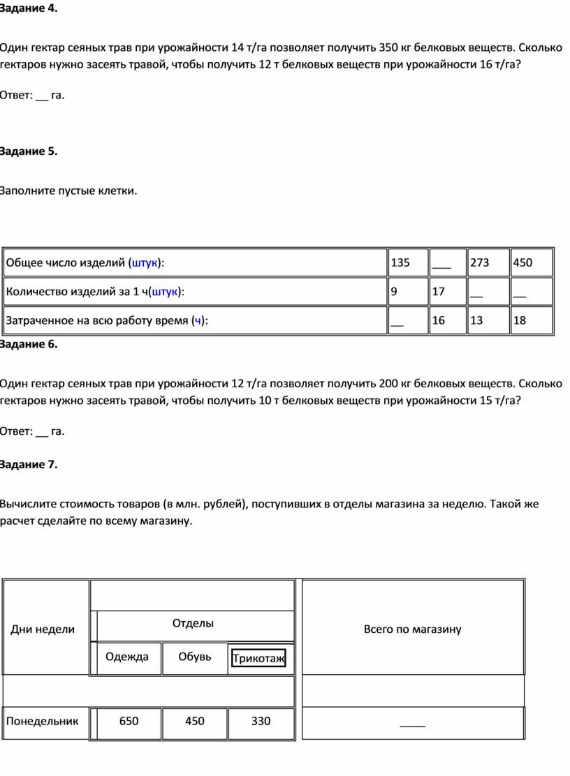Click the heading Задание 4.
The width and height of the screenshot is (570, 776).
coord(29,9)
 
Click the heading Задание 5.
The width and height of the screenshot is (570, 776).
coord(29,151)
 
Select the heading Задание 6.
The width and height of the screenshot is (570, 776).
coord(29,344)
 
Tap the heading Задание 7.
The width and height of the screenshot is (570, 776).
coord(29,465)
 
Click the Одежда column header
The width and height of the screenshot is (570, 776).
coord(127,657)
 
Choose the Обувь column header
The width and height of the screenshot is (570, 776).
coord(195,657)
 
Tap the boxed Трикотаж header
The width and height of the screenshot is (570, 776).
coord(258,659)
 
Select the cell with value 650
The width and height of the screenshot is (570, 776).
coord(129,722)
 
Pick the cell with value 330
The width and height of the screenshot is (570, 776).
coord(261,722)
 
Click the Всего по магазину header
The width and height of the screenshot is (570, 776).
coord(412,629)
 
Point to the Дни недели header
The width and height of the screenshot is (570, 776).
coord(43,629)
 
